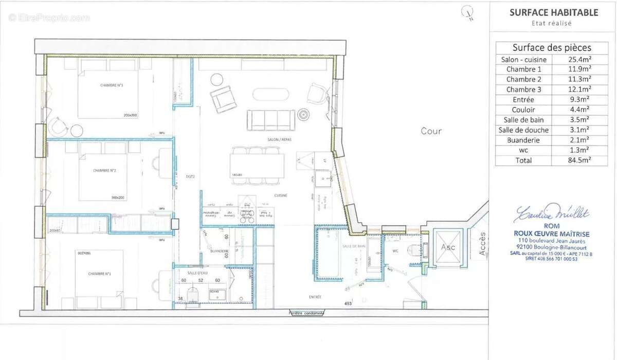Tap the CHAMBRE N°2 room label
click(x=103, y=170)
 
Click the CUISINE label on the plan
click(x=280, y=195)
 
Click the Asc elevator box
click(x=444, y=246)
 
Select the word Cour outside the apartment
click(x=431, y=131)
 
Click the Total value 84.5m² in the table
click(x=579, y=160)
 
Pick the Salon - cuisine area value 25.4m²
click(x=579, y=60)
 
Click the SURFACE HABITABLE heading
click(x=553, y=13)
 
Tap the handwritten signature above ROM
click(x=551, y=212)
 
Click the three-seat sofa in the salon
click(x=271, y=120)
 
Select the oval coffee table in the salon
click(x=270, y=95)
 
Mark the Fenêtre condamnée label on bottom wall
click(x=306, y=313)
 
